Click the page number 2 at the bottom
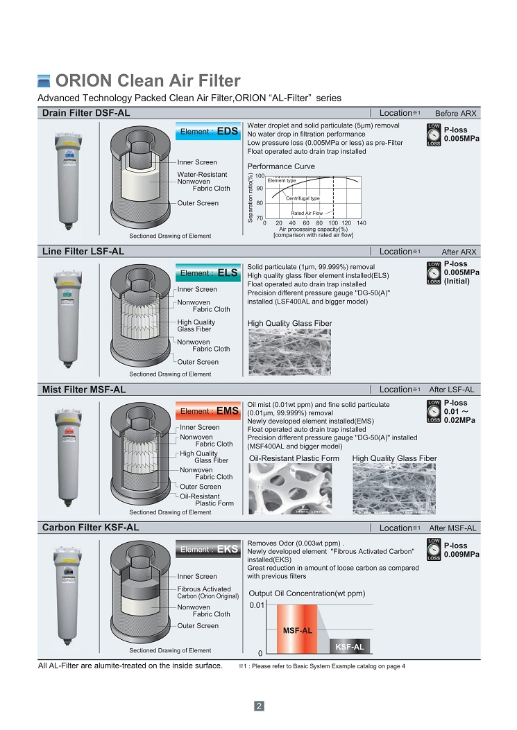258,706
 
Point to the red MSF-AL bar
297,629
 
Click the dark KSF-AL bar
349,646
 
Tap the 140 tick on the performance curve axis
361,223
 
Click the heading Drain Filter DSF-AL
86,113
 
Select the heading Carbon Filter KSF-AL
90,528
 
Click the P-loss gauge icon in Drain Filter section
433,134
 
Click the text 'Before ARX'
455,114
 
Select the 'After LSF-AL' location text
452,390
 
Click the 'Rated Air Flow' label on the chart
307,213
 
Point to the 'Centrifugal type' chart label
303,198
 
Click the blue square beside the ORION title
44,80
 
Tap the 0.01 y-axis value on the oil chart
257,605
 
